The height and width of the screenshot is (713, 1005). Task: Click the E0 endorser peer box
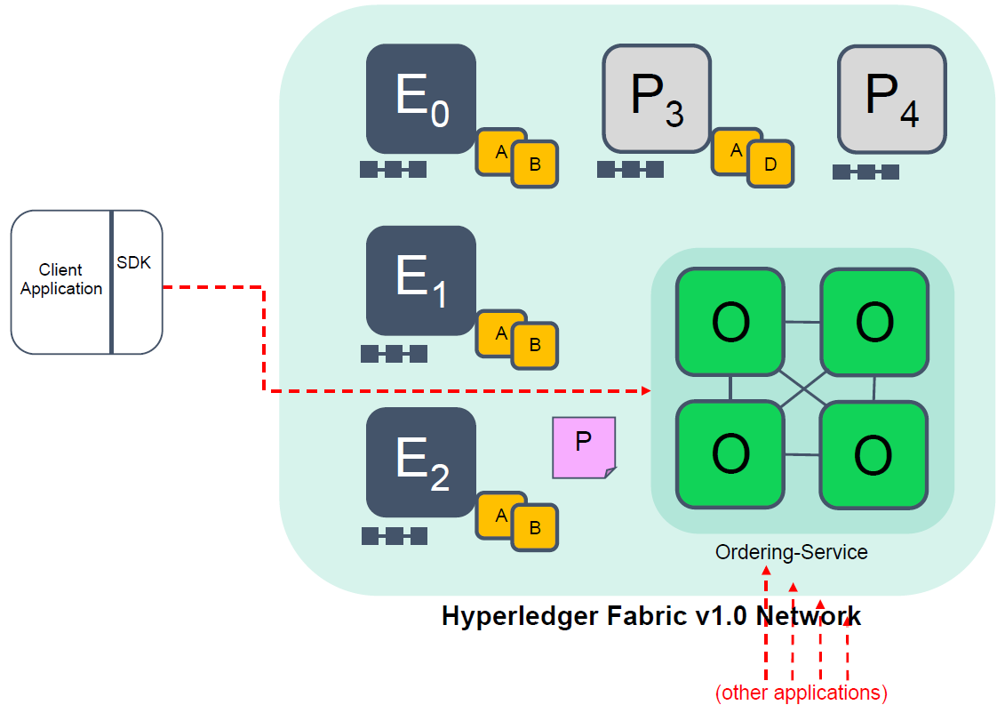[x=420, y=98]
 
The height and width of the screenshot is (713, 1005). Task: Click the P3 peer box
[x=657, y=99]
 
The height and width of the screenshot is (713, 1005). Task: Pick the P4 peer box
[x=891, y=99]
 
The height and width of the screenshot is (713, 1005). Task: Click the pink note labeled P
[x=584, y=447]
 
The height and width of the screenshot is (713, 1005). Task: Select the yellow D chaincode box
[x=770, y=164]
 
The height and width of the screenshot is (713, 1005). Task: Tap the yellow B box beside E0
[x=535, y=164]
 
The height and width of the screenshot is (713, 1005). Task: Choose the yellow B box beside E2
[x=535, y=528]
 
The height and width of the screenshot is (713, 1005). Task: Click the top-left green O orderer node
[x=730, y=323]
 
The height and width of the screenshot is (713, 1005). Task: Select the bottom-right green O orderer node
[x=873, y=455]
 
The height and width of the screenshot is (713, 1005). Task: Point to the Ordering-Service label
[x=791, y=552]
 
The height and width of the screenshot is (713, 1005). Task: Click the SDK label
[x=135, y=263]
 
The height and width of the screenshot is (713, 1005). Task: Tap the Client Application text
[x=61, y=279]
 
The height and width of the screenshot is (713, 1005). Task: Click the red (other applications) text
[x=801, y=693]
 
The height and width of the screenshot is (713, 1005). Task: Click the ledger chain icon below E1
[x=394, y=354]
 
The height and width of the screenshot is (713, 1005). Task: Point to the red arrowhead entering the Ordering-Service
[x=646, y=390]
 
